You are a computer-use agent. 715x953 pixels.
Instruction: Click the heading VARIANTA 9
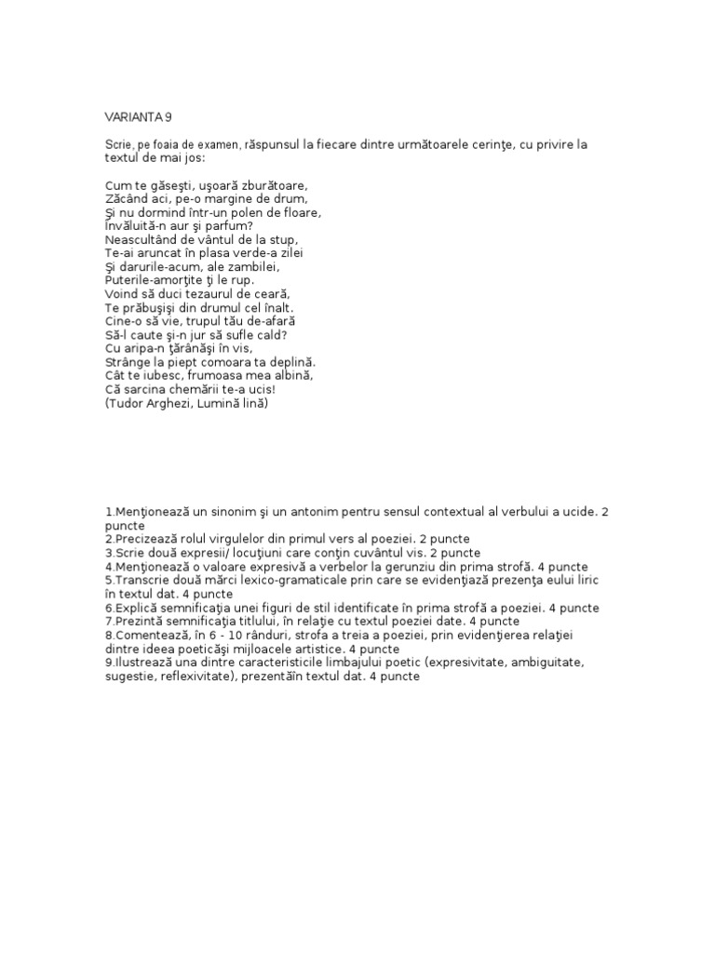[x=138, y=117]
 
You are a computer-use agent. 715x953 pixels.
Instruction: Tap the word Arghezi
[x=181, y=405]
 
